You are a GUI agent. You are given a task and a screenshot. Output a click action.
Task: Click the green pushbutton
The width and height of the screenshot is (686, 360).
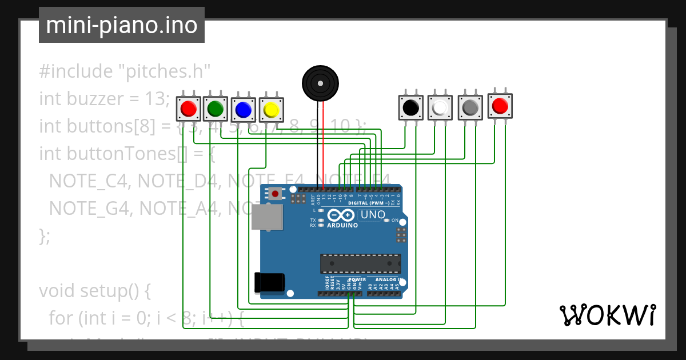click(x=216, y=107)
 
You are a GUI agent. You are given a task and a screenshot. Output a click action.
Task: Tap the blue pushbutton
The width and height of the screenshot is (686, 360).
click(x=243, y=109)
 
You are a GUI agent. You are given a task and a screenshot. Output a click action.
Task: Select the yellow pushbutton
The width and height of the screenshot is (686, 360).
click(x=271, y=109)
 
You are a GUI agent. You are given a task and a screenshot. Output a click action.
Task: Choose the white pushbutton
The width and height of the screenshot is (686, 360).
click(x=440, y=107)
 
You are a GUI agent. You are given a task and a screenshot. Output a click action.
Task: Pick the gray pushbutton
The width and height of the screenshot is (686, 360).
click(x=470, y=107)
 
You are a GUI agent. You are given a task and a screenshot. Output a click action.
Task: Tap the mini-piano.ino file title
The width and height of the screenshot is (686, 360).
click(x=122, y=25)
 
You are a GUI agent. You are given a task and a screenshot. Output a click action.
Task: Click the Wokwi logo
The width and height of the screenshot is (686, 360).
click(x=607, y=315)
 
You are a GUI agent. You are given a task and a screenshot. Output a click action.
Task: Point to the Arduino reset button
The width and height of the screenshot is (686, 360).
click(x=276, y=194)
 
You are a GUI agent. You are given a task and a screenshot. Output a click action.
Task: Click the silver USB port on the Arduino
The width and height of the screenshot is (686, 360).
click(x=267, y=218)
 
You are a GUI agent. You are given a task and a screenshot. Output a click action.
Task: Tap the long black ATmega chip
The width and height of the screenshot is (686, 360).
click(x=360, y=263)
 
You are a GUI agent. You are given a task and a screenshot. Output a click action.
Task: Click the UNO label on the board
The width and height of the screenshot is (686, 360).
click(x=372, y=215)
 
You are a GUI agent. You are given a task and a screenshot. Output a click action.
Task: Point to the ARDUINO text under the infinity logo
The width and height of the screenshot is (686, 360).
click(x=342, y=225)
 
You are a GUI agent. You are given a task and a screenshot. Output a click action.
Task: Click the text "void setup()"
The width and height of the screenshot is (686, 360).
click(x=94, y=291)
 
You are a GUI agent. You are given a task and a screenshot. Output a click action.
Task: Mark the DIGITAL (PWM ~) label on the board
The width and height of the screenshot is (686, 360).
click(x=369, y=203)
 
